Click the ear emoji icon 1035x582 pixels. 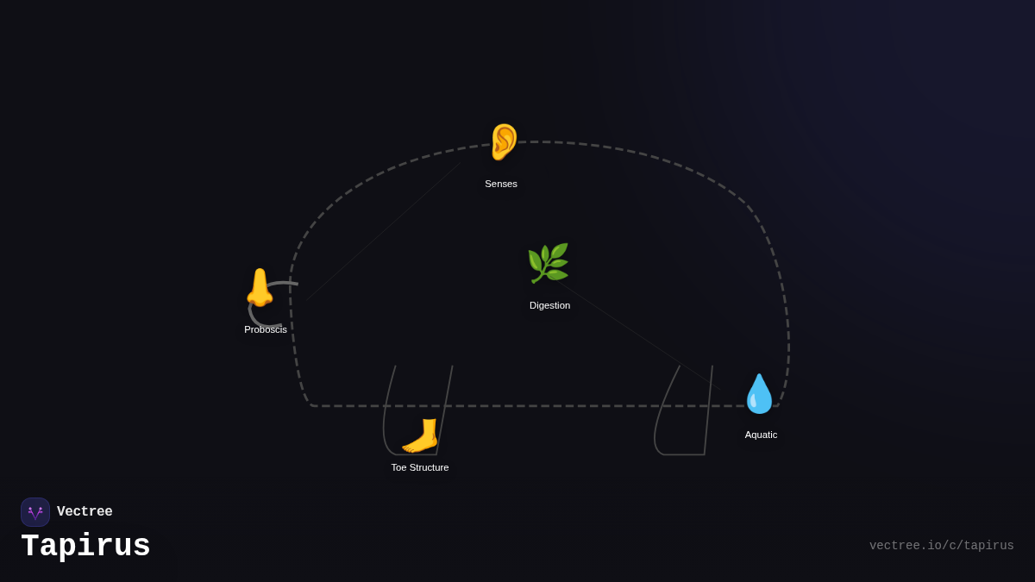pyautogui.click(x=503, y=142)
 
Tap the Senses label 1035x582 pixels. pyautogui.click(x=501, y=184)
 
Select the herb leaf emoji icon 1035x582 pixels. pyautogui.click(x=548, y=263)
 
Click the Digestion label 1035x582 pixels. pyautogui.click(x=549, y=305)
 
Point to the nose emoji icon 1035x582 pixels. pyautogui.click(x=259, y=287)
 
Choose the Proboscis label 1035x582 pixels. pyautogui.click(x=266, y=329)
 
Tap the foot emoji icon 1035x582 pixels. pyautogui.click(x=420, y=435)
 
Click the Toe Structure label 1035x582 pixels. pyautogui.click(x=420, y=467)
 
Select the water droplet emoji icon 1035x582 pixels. pyautogui.click(x=759, y=394)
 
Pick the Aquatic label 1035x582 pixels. pyautogui.click(x=761, y=435)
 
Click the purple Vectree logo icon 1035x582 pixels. pyautogui.click(x=35, y=512)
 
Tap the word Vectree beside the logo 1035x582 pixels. pyautogui.click(x=85, y=512)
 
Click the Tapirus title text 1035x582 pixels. pyautogui.click(x=85, y=547)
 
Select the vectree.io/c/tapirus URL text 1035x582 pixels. pyautogui.click(x=941, y=546)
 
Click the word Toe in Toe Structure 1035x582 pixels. pyautogui.click(x=400, y=467)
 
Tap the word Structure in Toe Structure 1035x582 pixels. pyautogui.click(x=430, y=467)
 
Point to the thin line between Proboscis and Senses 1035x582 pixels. pyautogui.click(x=384, y=230)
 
